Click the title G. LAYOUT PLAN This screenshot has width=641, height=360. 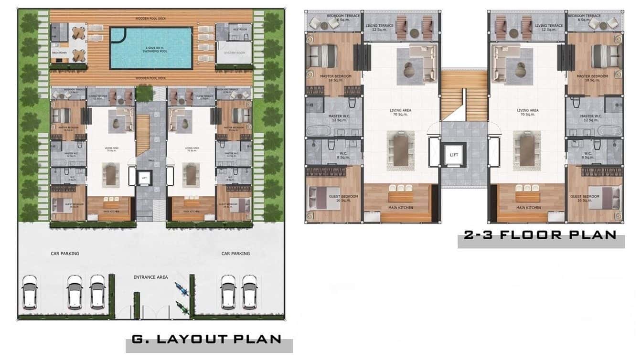(x=206, y=339)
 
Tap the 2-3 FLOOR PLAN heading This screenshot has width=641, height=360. (x=540, y=234)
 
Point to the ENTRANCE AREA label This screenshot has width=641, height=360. (x=150, y=277)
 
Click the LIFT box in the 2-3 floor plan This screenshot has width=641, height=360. (x=454, y=154)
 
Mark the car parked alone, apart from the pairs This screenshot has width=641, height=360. (x=30, y=291)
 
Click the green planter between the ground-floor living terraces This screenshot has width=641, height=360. (x=143, y=94)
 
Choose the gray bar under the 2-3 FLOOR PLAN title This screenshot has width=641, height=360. (x=541, y=244)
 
